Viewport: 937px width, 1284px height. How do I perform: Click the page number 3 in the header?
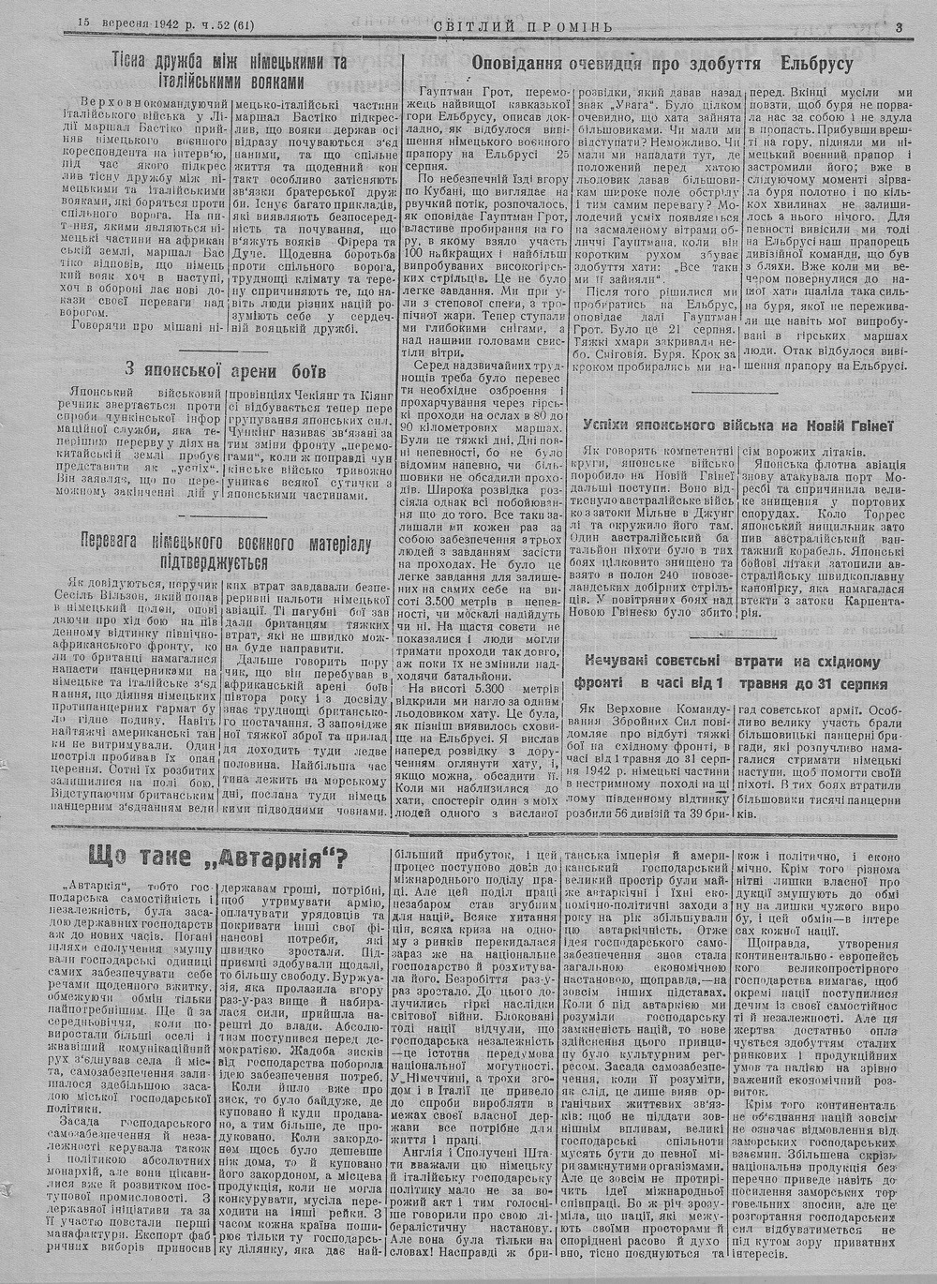click(x=897, y=26)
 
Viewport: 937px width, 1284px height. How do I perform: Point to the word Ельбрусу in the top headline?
click(x=816, y=66)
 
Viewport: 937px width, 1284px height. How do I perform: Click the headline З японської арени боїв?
click(x=228, y=366)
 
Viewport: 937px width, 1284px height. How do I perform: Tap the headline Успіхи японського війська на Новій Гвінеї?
click(x=735, y=426)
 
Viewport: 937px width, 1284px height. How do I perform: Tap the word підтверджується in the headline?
click(x=227, y=562)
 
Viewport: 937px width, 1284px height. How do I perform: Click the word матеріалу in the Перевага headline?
click(x=341, y=543)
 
